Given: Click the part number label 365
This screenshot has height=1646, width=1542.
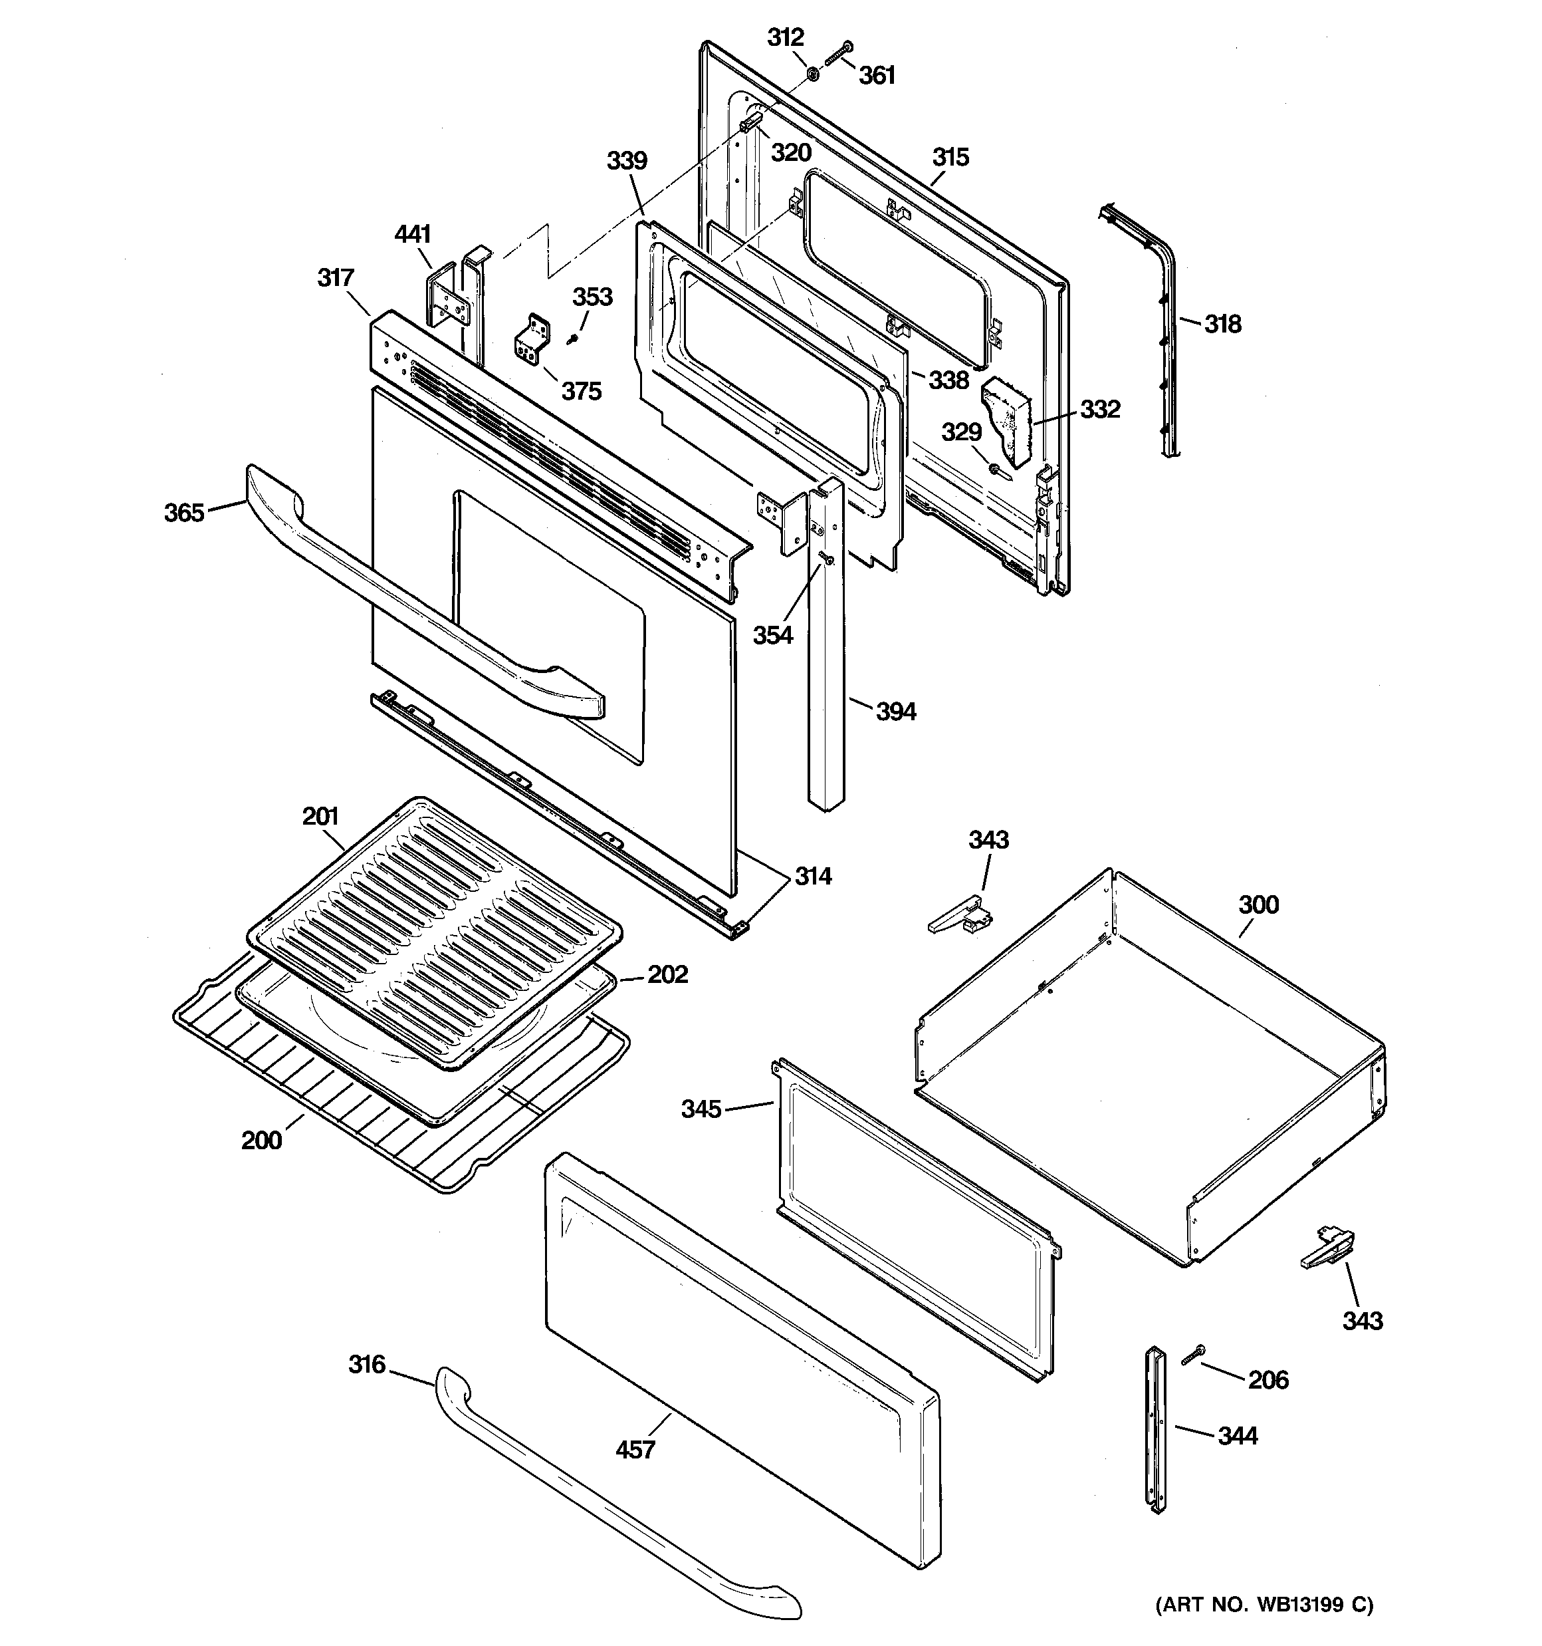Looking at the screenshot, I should pos(183,513).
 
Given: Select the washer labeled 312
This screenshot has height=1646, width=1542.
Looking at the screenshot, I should pos(814,74).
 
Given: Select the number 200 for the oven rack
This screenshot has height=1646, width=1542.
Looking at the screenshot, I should pos(262,1141).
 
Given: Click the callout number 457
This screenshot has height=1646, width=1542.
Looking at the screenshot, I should pos(635,1449).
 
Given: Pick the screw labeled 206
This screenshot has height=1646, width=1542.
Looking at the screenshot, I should pos(1192,1355).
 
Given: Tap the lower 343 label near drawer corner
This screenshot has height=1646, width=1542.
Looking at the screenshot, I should pos(1363,1319).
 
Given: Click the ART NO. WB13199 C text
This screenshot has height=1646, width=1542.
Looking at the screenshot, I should pos(1264,1605).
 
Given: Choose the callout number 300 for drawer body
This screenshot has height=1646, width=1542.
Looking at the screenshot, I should pos(1258,904).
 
